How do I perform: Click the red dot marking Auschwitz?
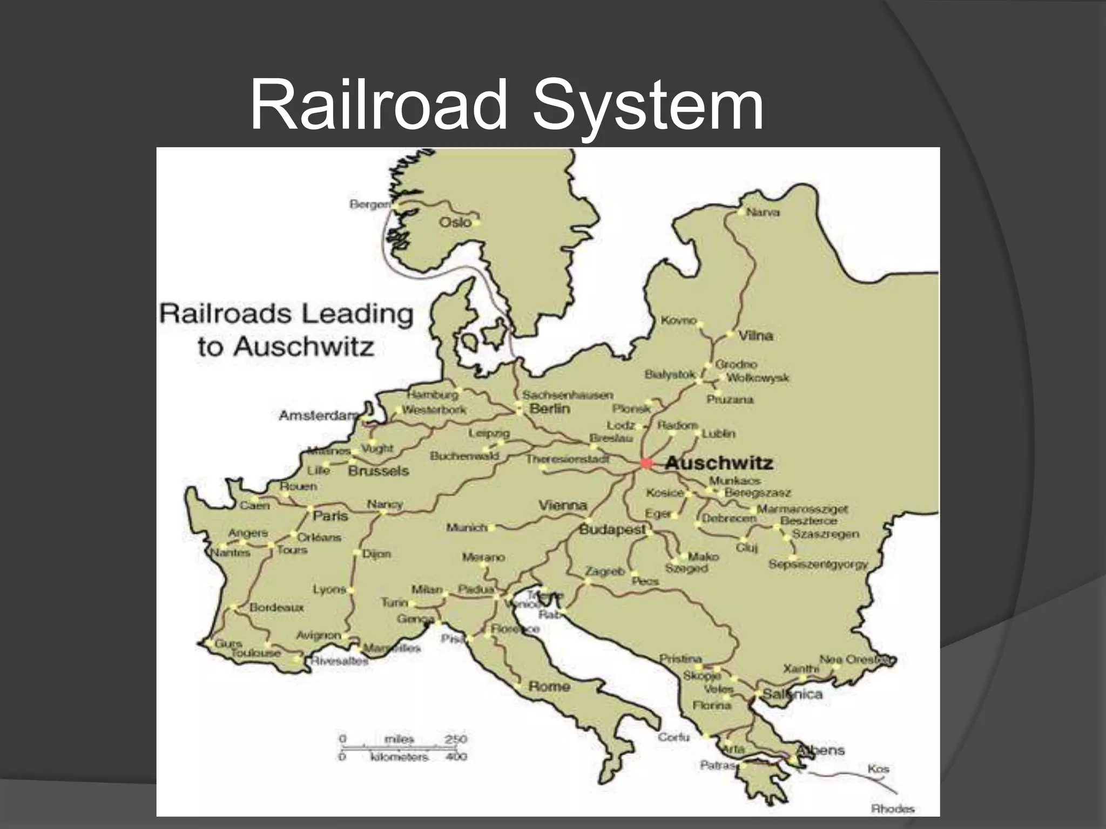click(x=646, y=463)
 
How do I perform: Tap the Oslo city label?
click(x=455, y=222)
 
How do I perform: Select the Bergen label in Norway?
click(x=369, y=205)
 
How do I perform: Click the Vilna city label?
click(x=756, y=336)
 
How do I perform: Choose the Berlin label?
click(x=550, y=409)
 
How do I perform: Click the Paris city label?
click(x=331, y=516)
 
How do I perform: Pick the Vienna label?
click(x=563, y=505)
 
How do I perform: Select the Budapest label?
click(x=612, y=529)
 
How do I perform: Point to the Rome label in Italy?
click(x=549, y=686)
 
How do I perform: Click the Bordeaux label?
click(x=276, y=607)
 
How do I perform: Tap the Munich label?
click(x=467, y=527)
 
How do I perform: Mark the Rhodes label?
click(x=893, y=808)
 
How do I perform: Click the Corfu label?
click(x=673, y=737)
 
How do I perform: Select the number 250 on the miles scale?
click(x=456, y=739)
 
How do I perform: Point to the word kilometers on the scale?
click(x=399, y=757)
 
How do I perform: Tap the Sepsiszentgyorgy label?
click(x=818, y=565)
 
